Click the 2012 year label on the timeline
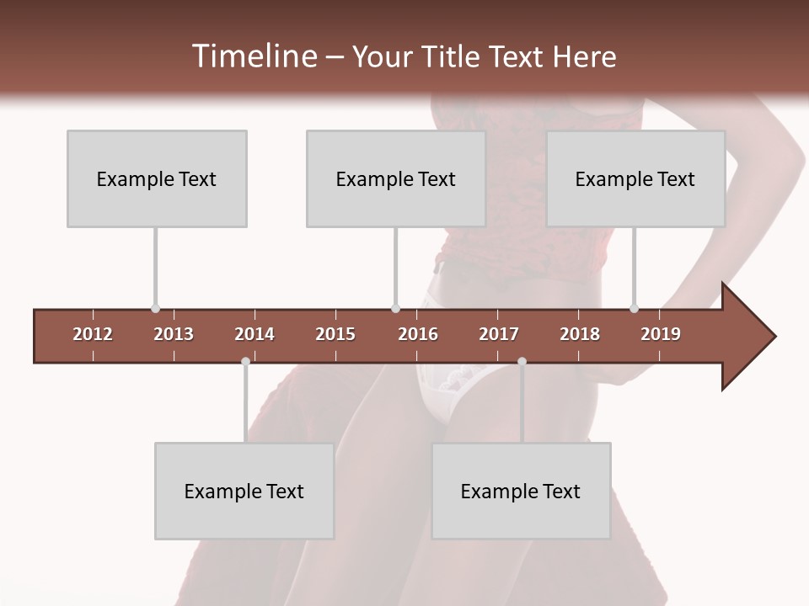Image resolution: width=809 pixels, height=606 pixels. coord(93,334)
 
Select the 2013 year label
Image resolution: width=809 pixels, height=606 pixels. coord(174,334)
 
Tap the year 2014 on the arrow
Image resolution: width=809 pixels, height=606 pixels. coord(254,334)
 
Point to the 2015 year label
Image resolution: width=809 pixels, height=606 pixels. coord(335,334)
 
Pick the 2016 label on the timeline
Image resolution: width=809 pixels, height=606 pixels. coord(418,334)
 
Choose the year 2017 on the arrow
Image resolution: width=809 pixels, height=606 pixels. coord(499,334)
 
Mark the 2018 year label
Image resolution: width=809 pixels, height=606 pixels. coord(580,334)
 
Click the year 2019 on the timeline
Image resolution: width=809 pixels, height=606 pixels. coord(661,334)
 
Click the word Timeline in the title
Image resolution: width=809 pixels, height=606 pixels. coord(253,56)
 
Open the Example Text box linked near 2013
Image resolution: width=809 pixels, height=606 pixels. coord(157,178)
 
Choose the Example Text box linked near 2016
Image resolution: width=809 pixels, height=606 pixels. coord(396,178)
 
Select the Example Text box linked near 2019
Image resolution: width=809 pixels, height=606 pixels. coord(635,178)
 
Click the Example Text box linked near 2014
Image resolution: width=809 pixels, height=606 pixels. coord(244,491)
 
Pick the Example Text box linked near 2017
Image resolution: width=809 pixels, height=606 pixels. coord(521,491)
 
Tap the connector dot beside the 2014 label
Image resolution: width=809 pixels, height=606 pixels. coord(245,361)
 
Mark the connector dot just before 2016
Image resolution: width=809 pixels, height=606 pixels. coord(395,309)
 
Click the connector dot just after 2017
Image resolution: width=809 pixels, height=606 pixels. coord(522,361)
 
